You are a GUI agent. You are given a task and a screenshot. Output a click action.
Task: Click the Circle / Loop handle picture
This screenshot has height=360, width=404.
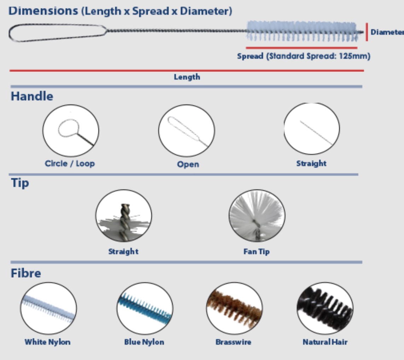tap(71, 130)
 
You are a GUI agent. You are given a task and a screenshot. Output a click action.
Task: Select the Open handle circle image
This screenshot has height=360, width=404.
tap(187, 130)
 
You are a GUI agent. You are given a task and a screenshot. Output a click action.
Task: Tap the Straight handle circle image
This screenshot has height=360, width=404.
tap(311, 128)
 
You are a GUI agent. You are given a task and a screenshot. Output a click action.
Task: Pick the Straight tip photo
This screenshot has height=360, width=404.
tap(124, 216)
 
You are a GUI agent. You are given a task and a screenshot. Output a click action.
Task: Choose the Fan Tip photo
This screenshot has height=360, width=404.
tap(257, 216)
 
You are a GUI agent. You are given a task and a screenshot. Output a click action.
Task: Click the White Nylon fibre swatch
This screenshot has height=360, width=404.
tap(48, 308)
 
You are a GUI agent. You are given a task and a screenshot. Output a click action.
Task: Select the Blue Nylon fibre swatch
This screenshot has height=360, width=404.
tap(145, 308)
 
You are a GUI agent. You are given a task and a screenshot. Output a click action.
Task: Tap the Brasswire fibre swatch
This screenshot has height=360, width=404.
tap(234, 308)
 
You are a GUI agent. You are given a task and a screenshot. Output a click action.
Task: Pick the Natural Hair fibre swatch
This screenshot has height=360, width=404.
tap(325, 308)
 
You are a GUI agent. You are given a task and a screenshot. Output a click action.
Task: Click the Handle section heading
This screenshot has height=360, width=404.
tap(32, 97)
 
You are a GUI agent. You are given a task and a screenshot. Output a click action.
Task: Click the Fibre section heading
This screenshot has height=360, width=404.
tap(26, 273)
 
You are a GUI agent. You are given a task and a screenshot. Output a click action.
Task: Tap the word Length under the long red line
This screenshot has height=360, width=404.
tap(187, 77)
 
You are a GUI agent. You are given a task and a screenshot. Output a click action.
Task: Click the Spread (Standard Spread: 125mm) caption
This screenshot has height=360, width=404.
tap(304, 56)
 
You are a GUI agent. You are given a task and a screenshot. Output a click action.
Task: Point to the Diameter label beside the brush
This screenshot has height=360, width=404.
tap(387, 32)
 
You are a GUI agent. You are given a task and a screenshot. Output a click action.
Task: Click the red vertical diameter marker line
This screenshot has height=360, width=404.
tap(367, 32)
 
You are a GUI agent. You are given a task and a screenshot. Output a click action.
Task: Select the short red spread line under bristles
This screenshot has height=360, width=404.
tap(301, 48)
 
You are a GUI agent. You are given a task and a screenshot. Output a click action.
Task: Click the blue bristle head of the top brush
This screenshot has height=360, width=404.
tap(302, 31)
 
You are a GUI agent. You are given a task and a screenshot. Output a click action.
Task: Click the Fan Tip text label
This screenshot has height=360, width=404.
tap(257, 251)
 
